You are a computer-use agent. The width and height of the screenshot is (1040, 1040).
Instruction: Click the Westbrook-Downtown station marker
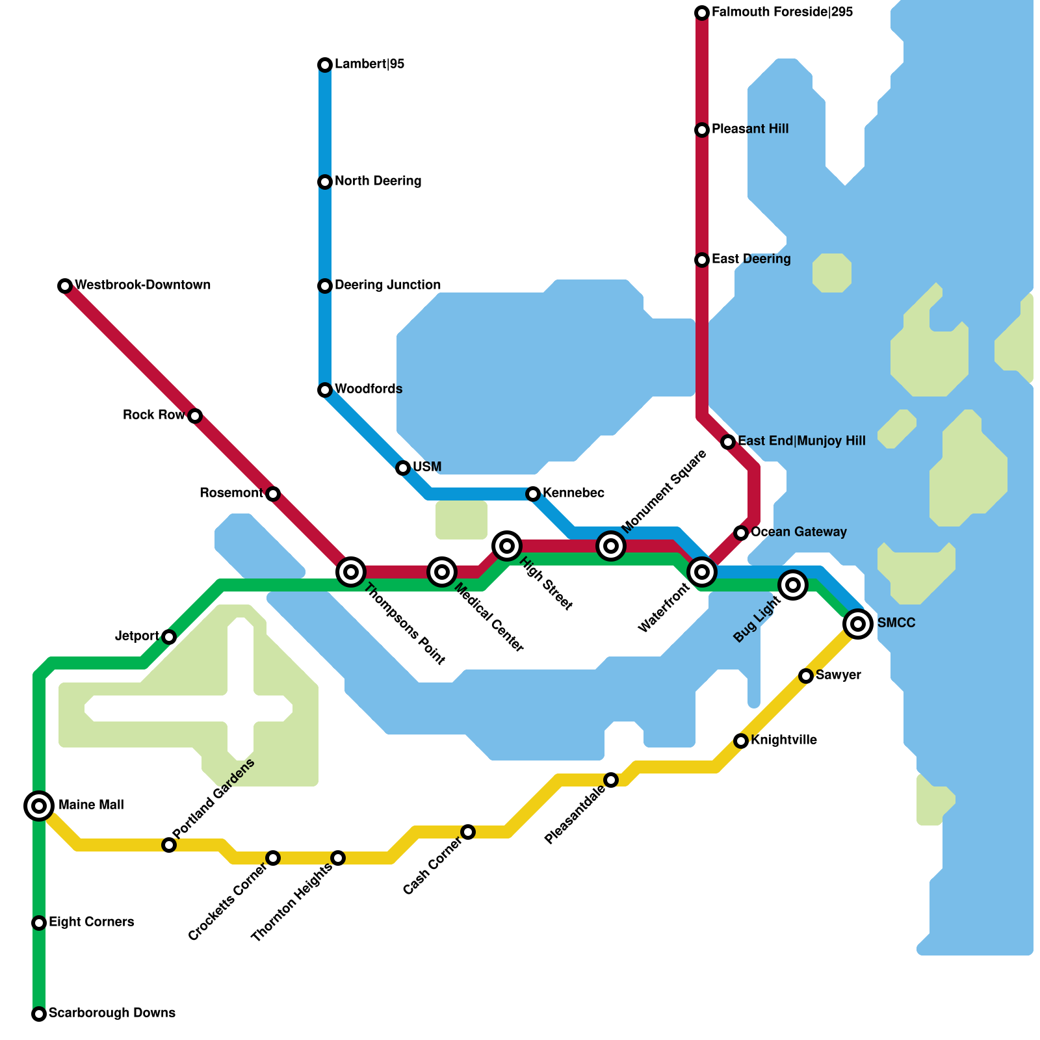(x=65, y=286)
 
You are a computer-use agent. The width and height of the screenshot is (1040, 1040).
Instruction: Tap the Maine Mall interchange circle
(x=39, y=806)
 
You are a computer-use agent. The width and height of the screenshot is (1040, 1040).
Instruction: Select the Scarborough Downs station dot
(x=39, y=1014)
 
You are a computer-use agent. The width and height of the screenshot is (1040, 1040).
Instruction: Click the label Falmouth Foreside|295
(x=782, y=12)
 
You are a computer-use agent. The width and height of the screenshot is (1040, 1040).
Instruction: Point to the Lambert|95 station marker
(x=325, y=65)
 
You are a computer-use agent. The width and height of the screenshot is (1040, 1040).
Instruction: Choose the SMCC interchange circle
(x=858, y=624)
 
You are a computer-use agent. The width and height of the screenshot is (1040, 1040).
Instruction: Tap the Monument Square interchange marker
(x=611, y=546)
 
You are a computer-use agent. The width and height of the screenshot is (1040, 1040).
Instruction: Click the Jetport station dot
(x=169, y=637)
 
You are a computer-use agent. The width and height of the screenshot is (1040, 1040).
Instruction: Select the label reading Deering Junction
(x=387, y=285)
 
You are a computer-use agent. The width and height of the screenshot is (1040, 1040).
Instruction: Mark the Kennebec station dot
(x=533, y=494)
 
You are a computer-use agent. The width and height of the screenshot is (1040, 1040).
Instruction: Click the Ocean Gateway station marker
(x=741, y=533)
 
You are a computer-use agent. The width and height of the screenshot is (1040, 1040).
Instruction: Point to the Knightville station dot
(x=741, y=741)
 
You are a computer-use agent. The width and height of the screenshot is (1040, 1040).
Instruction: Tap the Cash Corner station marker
(x=468, y=832)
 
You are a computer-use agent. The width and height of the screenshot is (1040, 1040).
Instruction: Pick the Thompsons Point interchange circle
(x=351, y=572)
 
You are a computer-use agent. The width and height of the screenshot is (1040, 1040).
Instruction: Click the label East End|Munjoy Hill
(x=801, y=441)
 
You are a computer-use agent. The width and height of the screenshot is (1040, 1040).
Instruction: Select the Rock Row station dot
(x=195, y=416)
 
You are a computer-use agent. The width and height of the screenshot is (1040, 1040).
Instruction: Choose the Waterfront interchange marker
(x=702, y=572)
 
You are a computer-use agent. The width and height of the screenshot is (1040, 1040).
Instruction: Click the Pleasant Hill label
(x=750, y=129)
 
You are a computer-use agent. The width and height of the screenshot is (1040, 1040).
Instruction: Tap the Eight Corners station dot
(x=39, y=923)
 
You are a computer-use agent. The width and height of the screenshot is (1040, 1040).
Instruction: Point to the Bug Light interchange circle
(x=793, y=585)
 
